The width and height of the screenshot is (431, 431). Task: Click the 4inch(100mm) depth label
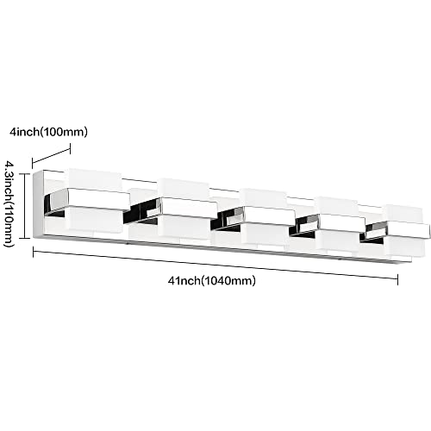48,132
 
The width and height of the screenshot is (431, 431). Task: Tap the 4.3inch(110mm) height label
9,203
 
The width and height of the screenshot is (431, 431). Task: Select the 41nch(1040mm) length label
212,280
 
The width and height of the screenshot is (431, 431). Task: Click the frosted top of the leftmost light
94,179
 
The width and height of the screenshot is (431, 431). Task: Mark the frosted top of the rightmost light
404,214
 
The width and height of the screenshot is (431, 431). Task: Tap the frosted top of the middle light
264,198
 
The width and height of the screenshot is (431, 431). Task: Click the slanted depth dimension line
51,155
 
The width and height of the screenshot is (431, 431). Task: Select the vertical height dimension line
26,206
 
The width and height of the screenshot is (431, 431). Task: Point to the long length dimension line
215,265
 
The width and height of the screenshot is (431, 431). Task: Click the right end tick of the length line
397,279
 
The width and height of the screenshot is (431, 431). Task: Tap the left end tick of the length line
34,252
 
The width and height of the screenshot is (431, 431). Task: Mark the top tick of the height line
25,174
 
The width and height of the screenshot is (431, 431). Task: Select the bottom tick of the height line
25,238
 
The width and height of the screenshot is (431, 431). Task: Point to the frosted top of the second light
184,189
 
